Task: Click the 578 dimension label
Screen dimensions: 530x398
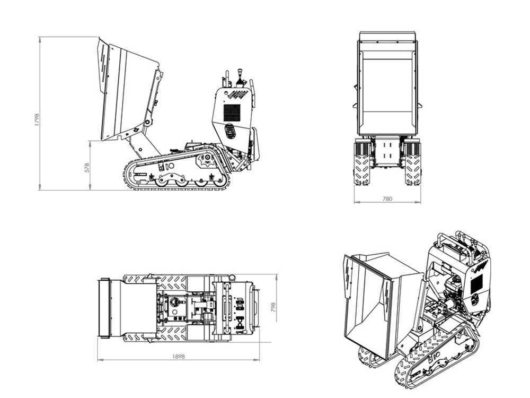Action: [87, 168]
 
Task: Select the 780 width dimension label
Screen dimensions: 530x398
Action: [387, 198]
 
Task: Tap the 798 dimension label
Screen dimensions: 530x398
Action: [273, 307]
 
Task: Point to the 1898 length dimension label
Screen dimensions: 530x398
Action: [179, 357]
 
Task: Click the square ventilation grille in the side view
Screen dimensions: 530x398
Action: [232, 113]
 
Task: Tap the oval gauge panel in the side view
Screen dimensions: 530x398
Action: [230, 131]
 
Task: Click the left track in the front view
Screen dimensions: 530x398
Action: [361, 163]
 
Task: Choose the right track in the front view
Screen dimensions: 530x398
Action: [413, 163]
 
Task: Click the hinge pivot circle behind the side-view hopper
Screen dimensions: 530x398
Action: [147, 122]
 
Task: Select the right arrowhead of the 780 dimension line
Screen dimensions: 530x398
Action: [419, 202]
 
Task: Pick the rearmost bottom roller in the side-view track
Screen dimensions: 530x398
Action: [219, 183]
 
